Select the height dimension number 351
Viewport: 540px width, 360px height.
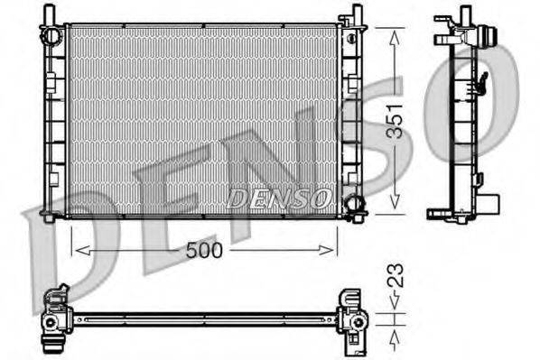click(396, 120)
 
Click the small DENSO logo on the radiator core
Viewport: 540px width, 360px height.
click(279, 198)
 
